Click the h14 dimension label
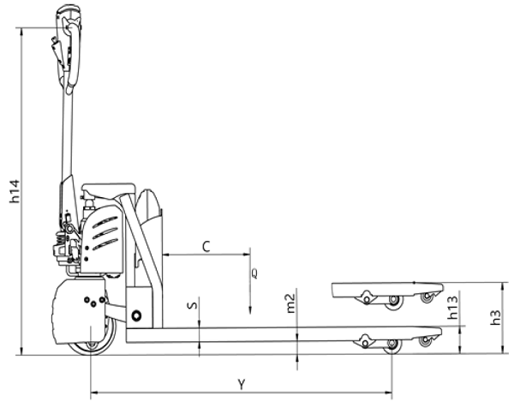(15, 191)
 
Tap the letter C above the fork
(206, 247)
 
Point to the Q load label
(254, 273)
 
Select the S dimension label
(193, 305)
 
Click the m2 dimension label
(290, 303)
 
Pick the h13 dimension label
(452, 308)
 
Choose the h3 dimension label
(496, 317)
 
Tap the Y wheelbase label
(242, 384)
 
